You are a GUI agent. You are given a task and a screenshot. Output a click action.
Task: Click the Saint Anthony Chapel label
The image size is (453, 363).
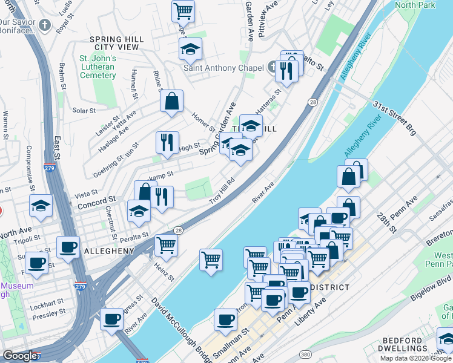(x=223, y=68)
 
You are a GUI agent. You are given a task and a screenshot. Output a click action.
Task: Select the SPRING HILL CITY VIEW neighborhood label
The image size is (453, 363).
(x=117, y=43)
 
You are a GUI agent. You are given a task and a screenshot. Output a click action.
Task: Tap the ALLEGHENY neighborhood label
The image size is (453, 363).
(x=109, y=250)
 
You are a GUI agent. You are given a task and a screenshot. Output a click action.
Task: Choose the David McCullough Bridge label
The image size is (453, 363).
(x=178, y=328)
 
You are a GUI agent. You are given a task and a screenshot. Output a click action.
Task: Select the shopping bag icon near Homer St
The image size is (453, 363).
(x=172, y=101)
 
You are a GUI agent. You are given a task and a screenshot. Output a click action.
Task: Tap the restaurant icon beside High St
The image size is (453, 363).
(x=167, y=142)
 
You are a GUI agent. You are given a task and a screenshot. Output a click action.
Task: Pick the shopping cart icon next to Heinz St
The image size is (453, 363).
(x=166, y=245)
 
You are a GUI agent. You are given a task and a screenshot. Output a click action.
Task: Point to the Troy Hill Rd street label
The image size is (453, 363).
(x=222, y=191)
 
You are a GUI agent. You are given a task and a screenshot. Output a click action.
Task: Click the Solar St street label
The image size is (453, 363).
(x=84, y=111)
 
